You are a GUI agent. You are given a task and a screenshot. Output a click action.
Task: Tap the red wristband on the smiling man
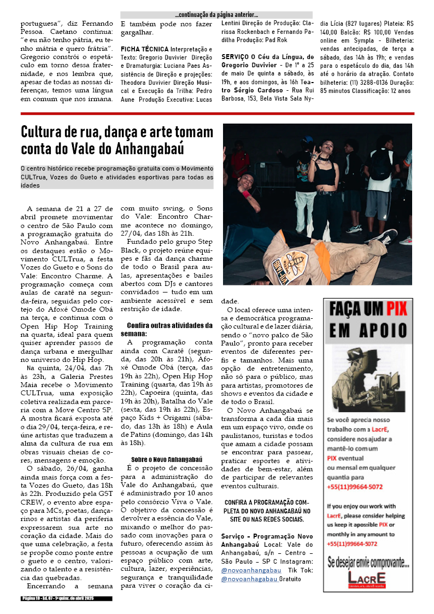pos(247,194)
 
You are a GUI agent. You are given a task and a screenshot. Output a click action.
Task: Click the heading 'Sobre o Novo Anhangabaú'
pos(166,460)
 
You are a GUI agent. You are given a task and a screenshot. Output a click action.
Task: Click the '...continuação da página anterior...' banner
pos(216,15)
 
